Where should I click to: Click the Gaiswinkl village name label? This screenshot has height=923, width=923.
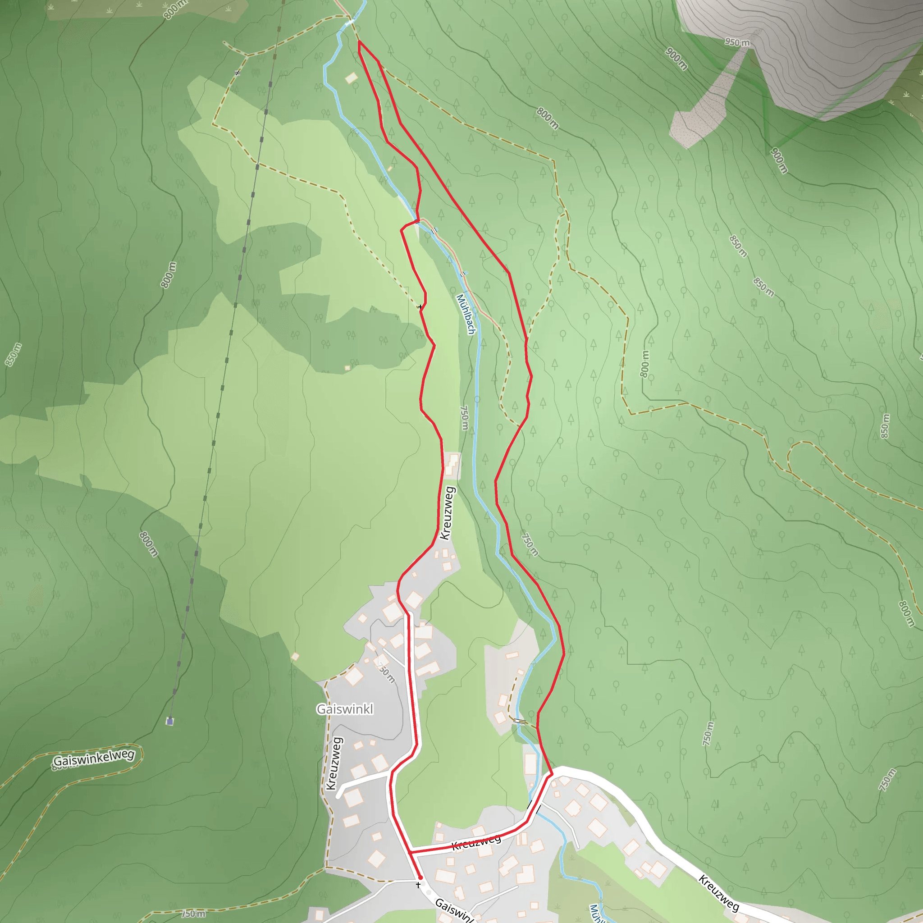click(x=344, y=709)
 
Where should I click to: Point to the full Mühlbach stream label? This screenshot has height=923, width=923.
click(x=466, y=314)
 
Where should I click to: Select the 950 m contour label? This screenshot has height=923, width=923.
click(x=737, y=42)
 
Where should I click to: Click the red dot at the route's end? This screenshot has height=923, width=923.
click(x=420, y=877)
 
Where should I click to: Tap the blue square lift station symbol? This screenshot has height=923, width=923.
click(x=169, y=722)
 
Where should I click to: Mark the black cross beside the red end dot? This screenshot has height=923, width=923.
click(x=419, y=885)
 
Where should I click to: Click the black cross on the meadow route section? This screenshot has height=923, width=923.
click(x=420, y=307)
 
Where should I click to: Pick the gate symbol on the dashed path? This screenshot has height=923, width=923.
click(x=238, y=73)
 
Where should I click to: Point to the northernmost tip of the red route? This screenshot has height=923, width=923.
click(x=359, y=41)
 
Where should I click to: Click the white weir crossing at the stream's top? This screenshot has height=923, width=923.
click(x=349, y=22)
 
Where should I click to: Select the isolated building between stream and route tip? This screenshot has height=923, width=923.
click(x=351, y=78)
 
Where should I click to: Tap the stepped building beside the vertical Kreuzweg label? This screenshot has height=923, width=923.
click(x=451, y=464)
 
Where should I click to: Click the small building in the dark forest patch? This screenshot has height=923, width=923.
click(x=347, y=368)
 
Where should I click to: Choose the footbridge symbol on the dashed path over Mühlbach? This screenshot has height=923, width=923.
click(x=520, y=722)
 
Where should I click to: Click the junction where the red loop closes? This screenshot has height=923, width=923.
click(x=411, y=851)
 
